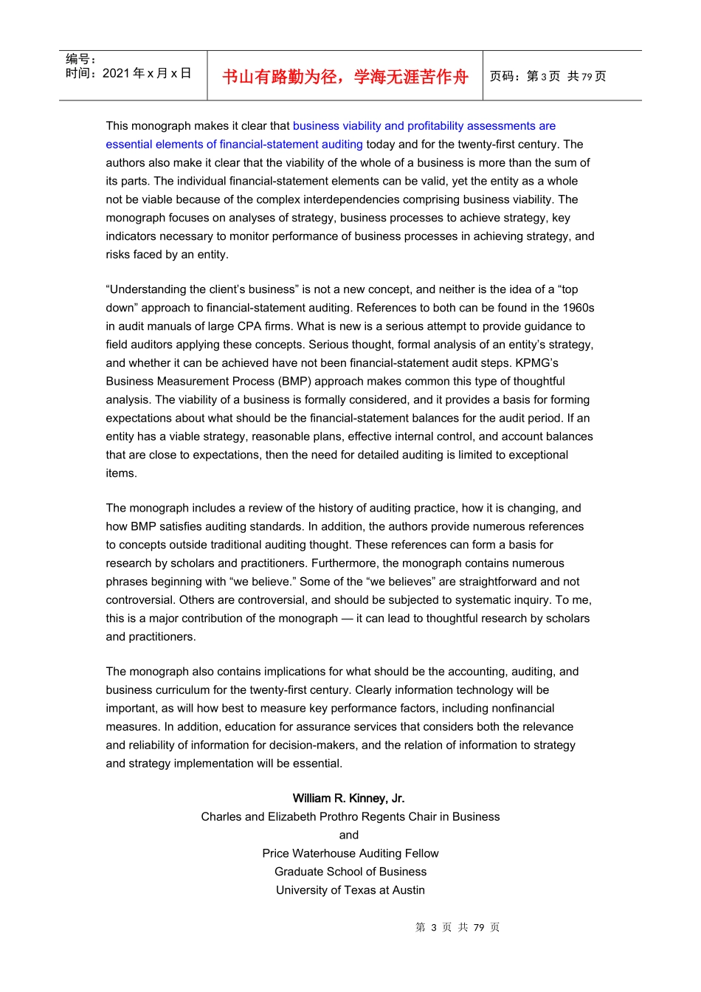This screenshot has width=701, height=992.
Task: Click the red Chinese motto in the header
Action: pyautogui.click(x=345, y=77)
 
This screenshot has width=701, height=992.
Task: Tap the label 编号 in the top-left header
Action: pyautogui.click(x=80, y=59)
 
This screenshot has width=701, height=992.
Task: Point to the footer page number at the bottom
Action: pyautogui.click(x=457, y=927)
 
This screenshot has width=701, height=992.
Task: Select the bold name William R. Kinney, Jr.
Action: pyautogui.click(x=348, y=798)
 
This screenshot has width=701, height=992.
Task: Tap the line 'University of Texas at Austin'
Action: pyautogui.click(x=350, y=890)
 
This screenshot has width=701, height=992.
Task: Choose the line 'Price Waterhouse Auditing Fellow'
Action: pyautogui.click(x=350, y=853)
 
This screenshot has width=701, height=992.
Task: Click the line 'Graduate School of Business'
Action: pyautogui.click(x=350, y=872)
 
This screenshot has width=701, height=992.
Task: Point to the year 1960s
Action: pyautogui.click(x=576, y=308)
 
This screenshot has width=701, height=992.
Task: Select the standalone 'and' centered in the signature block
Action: pyautogui.click(x=349, y=835)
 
